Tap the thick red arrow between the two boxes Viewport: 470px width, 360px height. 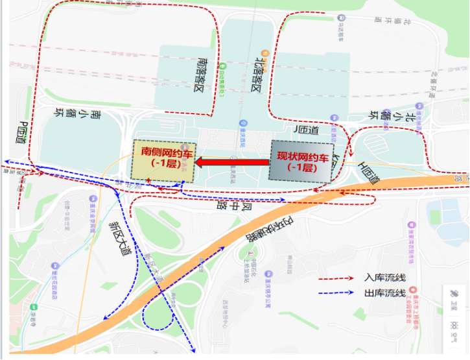231,162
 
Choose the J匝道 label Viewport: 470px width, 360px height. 307,130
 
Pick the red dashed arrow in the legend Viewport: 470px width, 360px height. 336,278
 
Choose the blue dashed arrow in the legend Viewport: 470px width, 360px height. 336,294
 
